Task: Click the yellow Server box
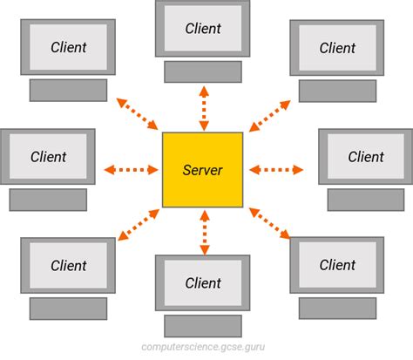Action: (203, 169)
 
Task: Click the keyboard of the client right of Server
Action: (366, 200)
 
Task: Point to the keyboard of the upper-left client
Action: (68, 90)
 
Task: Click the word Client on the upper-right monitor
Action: (337, 48)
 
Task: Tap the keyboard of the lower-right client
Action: (337, 308)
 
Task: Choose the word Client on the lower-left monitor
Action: (68, 266)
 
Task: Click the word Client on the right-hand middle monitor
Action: (366, 158)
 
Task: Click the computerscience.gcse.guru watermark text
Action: (206, 347)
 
